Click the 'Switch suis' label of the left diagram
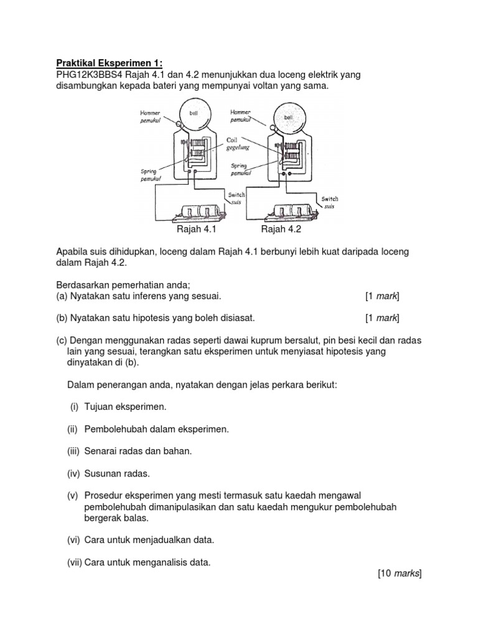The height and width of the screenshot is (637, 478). pos(237,199)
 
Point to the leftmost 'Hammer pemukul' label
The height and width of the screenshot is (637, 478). pos(150,116)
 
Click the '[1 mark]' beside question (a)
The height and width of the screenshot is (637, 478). pos(382,295)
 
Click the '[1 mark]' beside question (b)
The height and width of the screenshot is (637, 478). pos(382,318)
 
